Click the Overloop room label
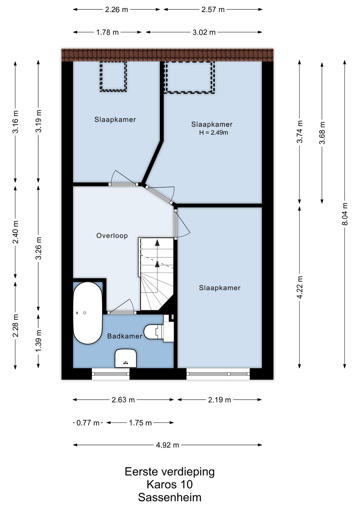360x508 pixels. (x=112, y=235)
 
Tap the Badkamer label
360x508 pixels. (x=125, y=336)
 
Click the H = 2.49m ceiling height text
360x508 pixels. (x=214, y=133)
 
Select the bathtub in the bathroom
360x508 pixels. (x=88, y=313)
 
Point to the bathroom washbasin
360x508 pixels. (x=126, y=358)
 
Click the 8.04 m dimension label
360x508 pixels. (x=345, y=214)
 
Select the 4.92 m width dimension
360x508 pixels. (x=167, y=445)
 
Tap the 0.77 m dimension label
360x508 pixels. (x=88, y=423)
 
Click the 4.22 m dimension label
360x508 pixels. (x=300, y=287)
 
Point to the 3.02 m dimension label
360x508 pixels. (x=204, y=32)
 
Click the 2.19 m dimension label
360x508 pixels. (x=219, y=400)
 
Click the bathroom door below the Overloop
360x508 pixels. (x=122, y=312)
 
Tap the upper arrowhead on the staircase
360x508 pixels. (x=157, y=242)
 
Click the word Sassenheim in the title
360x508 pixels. (x=170, y=497)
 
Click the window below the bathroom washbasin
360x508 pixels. (x=111, y=374)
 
